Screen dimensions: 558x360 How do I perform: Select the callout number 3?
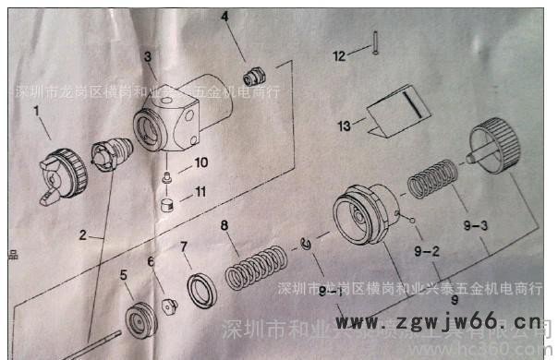pos(147,57)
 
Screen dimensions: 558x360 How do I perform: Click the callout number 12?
pos(338,57)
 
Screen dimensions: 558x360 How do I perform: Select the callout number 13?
pos(344,125)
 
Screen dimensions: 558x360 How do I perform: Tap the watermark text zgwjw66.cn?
pos(434,322)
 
